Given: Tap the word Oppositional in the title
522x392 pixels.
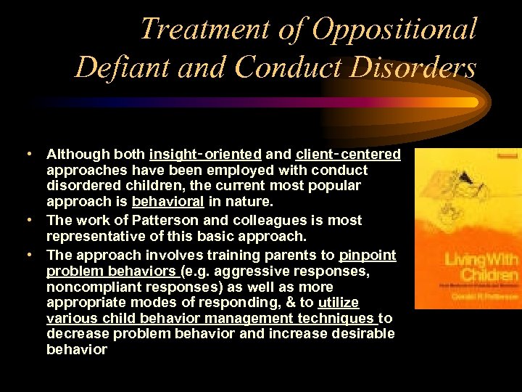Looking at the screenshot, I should [x=394, y=30].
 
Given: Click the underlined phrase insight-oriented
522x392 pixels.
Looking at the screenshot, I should [x=205, y=154].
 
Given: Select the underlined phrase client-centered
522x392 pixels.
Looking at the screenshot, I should [x=348, y=154].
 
